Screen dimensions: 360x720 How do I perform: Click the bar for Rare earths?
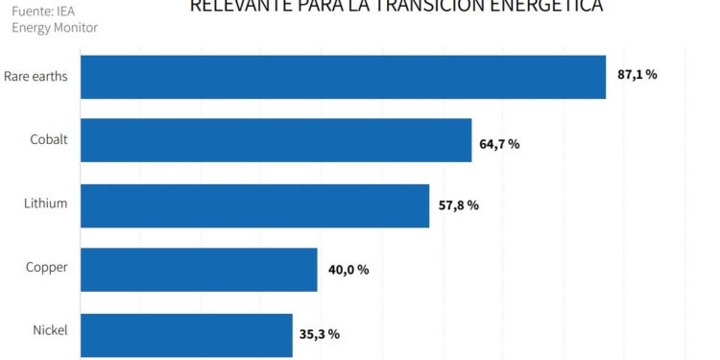click(343, 77)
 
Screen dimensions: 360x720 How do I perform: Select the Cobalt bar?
click(276, 140)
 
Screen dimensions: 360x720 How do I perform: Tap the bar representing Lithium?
click(254, 205)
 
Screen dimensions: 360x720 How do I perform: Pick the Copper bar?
click(199, 270)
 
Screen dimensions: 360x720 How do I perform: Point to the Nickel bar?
click(186, 334)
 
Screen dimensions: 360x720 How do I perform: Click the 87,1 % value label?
click(637, 75)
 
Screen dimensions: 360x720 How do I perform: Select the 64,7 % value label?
click(499, 144)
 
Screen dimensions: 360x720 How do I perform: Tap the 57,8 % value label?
click(457, 205)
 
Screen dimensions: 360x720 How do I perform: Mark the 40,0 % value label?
click(348, 270)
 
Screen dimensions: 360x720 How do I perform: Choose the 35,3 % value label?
click(320, 334)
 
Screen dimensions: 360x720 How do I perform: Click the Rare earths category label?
click(36, 76)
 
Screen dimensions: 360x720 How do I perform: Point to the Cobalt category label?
click(48, 139)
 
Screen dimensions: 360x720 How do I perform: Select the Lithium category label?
click(45, 203)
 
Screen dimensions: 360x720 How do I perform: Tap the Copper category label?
click(46, 267)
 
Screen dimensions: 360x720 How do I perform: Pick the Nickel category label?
click(49, 330)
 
